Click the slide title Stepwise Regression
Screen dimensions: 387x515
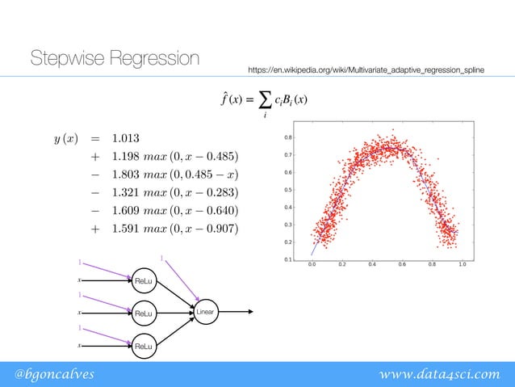pos(114,59)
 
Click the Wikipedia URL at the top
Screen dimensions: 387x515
pos(366,72)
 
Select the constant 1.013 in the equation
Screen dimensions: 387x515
pos(128,137)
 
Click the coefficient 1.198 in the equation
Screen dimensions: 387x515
pos(128,156)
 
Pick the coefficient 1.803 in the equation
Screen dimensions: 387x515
pos(128,174)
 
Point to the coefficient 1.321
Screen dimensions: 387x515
pos(128,191)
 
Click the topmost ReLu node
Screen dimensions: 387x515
pos(144,280)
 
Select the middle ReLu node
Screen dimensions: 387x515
pos(144,313)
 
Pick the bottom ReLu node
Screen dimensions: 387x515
pos(144,346)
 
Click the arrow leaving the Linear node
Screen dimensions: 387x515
pos(238,312)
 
